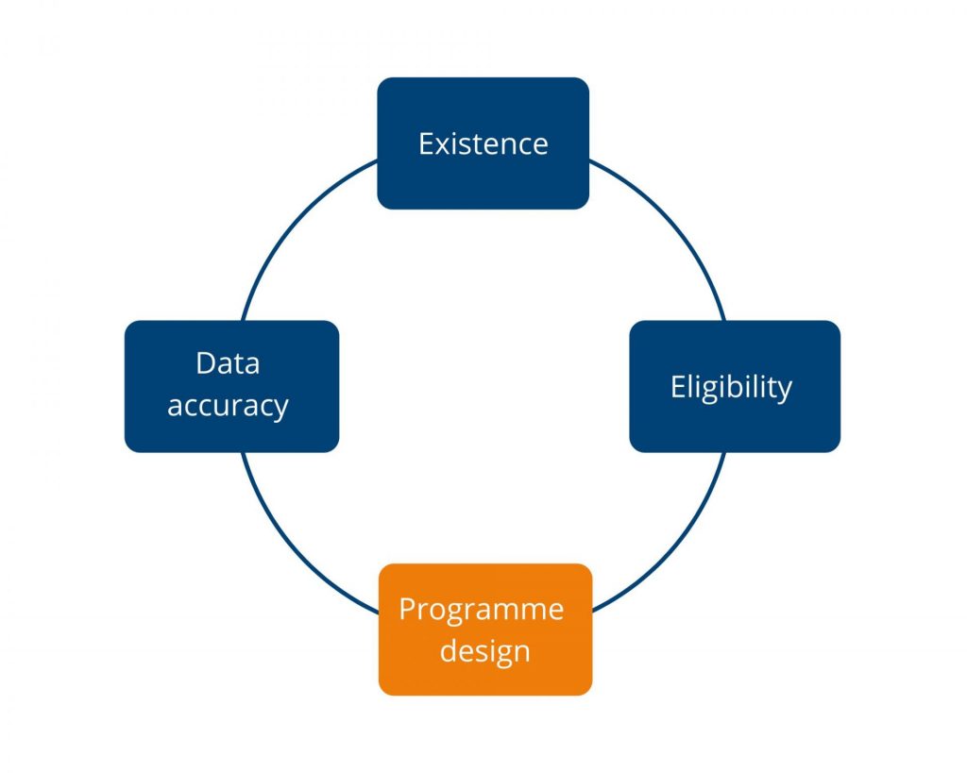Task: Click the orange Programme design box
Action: pyautogui.click(x=485, y=630)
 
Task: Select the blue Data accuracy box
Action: pyautogui.click(x=232, y=387)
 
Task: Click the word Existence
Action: pyautogui.click(x=483, y=144)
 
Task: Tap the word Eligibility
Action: pyautogui.click(x=732, y=388)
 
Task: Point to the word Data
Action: pyautogui.click(x=228, y=363)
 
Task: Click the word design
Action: pyautogui.click(x=485, y=651)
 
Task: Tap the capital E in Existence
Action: pyautogui.click(x=426, y=144)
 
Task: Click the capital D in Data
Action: pyautogui.click(x=206, y=363)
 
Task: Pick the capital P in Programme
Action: pyautogui.click(x=408, y=609)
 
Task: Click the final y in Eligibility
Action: pyautogui.click(x=785, y=392)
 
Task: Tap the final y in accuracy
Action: pyautogui.click(x=280, y=411)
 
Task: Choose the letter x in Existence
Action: pyautogui.click(x=443, y=148)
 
